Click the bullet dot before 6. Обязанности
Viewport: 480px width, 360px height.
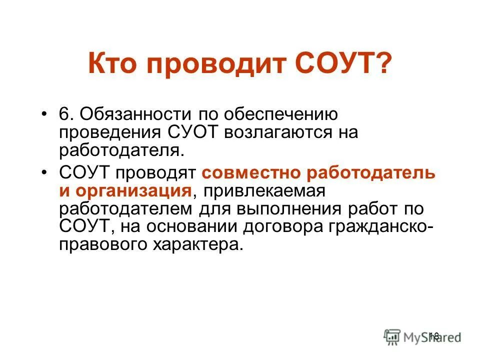click(45, 114)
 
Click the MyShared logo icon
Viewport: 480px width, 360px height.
click(392, 336)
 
